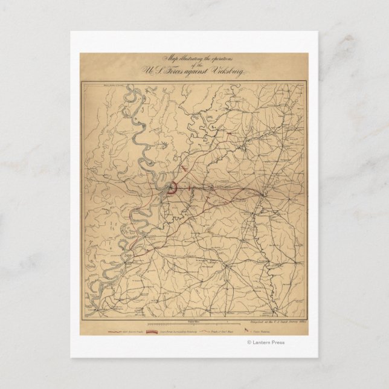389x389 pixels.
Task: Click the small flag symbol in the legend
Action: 246,332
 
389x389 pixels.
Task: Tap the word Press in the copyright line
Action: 279,342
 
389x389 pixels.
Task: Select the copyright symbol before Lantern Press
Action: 249,342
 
